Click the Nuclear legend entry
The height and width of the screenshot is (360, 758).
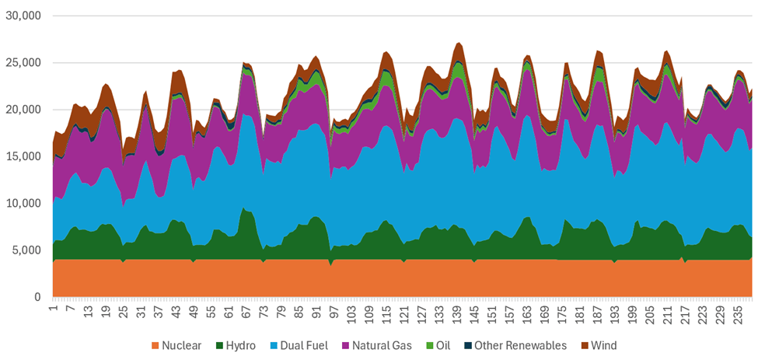point(183,345)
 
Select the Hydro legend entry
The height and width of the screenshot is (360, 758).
point(241,345)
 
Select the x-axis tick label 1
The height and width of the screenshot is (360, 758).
point(53,309)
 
